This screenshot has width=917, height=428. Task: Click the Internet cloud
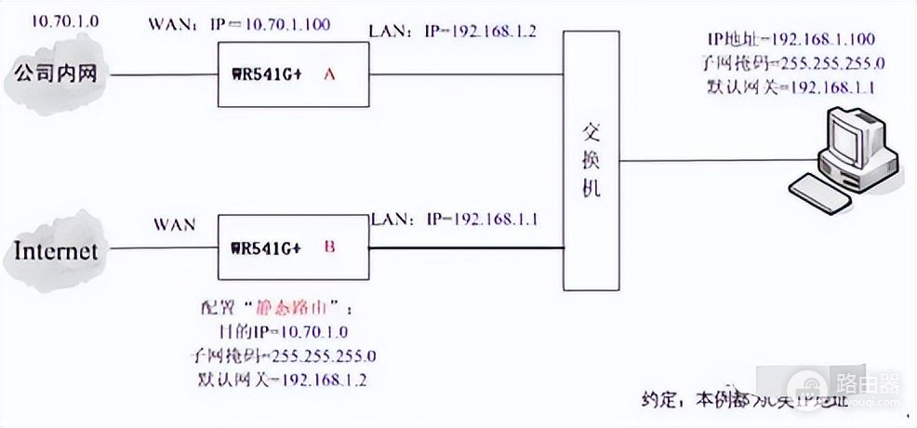pyautogui.click(x=55, y=250)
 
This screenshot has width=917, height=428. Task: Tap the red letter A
pyautogui.click(x=328, y=76)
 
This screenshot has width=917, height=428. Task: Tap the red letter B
pyautogui.click(x=328, y=248)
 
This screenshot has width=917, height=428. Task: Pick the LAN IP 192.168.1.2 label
pyautogui.click(x=455, y=33)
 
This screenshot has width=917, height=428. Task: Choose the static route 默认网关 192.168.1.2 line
pyautogui.click(x=287, y=378)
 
